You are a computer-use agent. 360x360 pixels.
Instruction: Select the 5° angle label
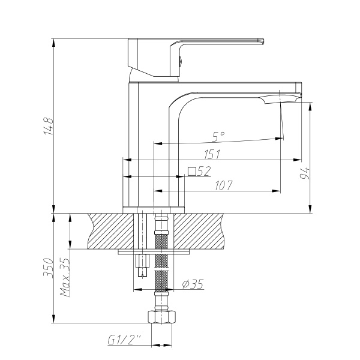[x=218, y=136]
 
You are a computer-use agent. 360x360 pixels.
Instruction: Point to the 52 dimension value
[x=204, y=172]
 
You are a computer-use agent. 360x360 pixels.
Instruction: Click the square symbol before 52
[x=192, y=171]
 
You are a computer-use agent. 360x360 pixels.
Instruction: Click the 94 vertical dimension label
[x=304, y=174]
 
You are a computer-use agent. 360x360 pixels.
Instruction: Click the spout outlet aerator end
[x=282, y=99]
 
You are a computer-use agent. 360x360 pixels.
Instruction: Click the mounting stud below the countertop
[x=142, y=265]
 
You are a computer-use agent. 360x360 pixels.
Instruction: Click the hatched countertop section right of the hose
[x=201, y=230]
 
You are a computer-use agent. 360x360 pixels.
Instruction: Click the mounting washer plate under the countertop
[x=155, y=251]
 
